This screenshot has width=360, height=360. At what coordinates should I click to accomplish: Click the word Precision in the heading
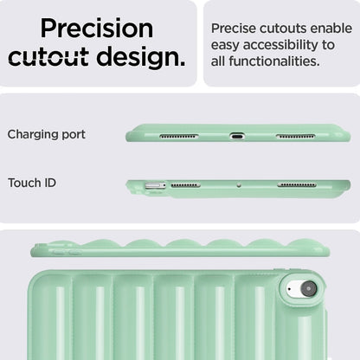[x=97, y=29]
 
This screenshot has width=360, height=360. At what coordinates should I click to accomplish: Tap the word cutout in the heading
[x=48, y=56]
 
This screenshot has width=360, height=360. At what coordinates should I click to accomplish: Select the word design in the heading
[x=141, y=58]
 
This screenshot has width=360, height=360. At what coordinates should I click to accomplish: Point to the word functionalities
[x=274, y=61]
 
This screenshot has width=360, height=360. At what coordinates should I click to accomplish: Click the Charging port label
[x=47, y=135]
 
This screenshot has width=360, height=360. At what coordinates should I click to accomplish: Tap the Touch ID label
[x=32, y=183]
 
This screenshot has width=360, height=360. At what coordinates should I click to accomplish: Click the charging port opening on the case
[x=237, y=136]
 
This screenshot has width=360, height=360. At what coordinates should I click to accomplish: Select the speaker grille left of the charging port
[x=179, y=136]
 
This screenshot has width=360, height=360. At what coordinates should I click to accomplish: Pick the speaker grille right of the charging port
[x=295, y=136]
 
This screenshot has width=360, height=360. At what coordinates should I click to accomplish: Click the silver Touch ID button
[x=156, y=185]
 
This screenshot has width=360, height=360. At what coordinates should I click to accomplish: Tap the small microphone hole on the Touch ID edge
[x=239, y=185]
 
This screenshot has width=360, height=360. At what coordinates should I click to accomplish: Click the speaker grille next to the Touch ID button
[x=185, y=185]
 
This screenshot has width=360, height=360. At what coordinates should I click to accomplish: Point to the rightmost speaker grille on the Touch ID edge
[x=297, y=184]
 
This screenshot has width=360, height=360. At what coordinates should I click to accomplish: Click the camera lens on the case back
[x=309, y=288]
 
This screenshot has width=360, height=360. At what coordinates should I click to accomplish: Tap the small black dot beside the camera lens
[x=289, y=289]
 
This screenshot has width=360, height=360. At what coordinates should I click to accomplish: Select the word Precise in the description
[x=234, y=29]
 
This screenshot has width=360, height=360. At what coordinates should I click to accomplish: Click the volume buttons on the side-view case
[x=67, y=253]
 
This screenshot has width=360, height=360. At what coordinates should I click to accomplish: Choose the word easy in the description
[x=225, y=46]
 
